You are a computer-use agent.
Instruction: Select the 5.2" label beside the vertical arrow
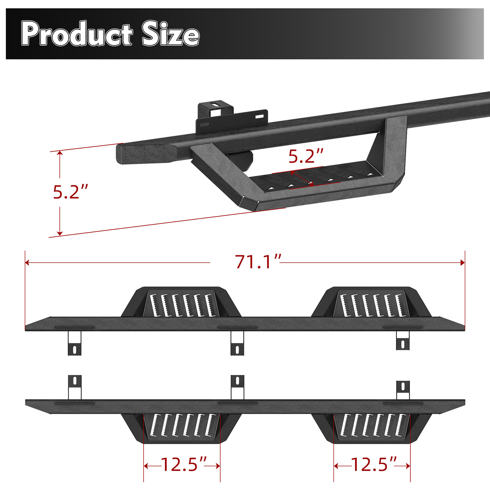pyautogui.click(x=70, y=192)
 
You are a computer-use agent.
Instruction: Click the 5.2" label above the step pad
pyautogui.click(x=306, y=156)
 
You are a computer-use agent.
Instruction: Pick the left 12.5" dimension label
pyautogui.click(x=183, y=465)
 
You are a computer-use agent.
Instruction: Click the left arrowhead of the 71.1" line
pyautogui.click(x=27, y=262)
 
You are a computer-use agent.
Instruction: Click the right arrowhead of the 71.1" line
pyautogui.click(x=463, y=262)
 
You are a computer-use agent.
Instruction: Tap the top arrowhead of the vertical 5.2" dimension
pyautogui.click(x=60, y=153)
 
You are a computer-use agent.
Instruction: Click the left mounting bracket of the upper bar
pyautogui.click(x=74, y=343)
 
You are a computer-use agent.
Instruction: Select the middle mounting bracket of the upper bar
pyautogui.click(x=237, y=343)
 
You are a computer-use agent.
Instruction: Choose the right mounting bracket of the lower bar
pyautogui.click(x=403, y=390)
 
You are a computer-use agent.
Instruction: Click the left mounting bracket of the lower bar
pyautogui.click(x=74, y=387)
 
